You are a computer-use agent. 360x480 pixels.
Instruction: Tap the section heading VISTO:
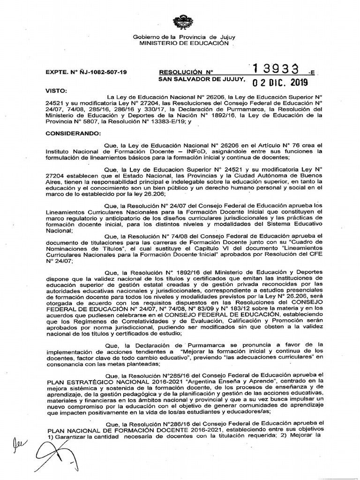[56, 89]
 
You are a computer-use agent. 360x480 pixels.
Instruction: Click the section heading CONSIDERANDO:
[72, 133]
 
